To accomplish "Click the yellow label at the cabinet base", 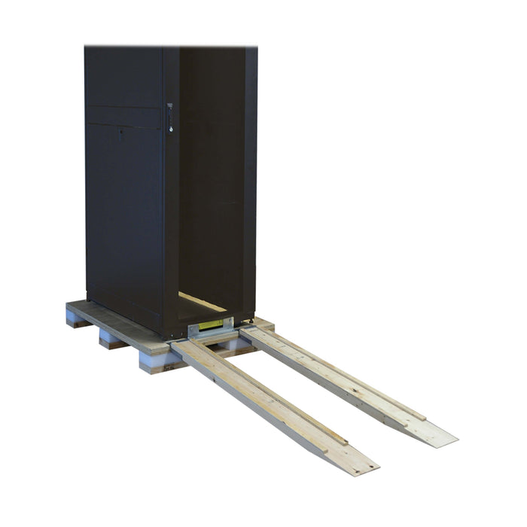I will (211, 325).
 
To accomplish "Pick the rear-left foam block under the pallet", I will (75, 318).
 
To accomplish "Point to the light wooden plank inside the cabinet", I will (202, 302).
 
